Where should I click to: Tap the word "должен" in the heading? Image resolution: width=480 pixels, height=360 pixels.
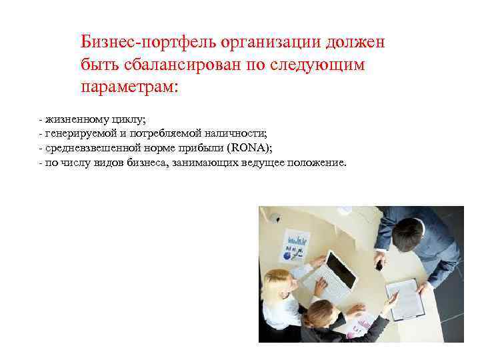tap(357, 42)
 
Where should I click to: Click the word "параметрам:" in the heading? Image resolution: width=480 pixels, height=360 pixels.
tap(130, 87)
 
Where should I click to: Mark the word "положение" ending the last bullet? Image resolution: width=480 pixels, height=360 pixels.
tap(316, 162)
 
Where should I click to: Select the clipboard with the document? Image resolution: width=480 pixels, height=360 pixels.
tap(405, 297)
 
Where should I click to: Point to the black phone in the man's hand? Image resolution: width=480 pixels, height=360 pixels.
tap(379, 265)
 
